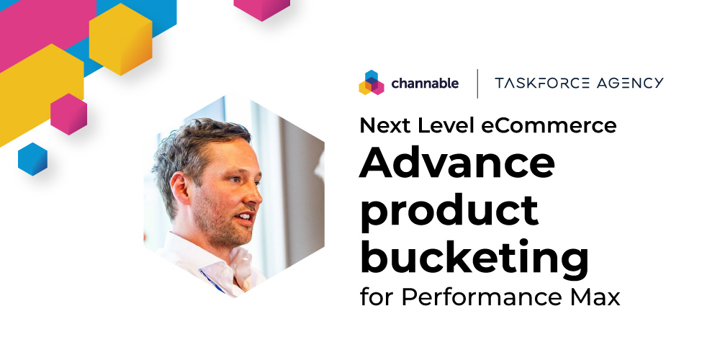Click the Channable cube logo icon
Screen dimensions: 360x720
(x=371, y=83)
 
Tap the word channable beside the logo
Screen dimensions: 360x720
(x=425, y=84)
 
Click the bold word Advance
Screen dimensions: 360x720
(x=457, y=165)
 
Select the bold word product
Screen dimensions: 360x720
(x=449, y=211)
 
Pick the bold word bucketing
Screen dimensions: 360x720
(x=474, y=257)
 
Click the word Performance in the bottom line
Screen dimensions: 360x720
(x=479, y=297)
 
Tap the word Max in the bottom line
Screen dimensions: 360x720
(x=597, y=297)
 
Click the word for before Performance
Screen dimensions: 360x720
(x=377, y=297)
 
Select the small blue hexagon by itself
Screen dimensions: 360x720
(x=32, y=158)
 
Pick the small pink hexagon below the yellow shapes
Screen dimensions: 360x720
(x=68, y=114)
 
